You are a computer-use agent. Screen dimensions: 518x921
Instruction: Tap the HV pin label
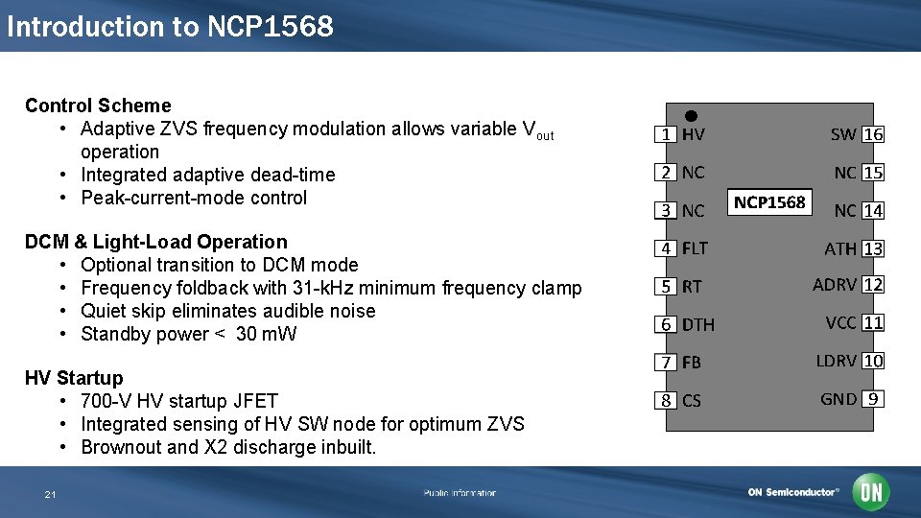pos(693,134)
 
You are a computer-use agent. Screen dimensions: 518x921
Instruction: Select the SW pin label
pos(843,134)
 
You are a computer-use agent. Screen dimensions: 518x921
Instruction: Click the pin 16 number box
pos(873,134)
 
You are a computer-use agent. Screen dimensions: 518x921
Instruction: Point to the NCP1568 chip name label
pos(769,201)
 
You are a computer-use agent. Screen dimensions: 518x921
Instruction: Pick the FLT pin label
pos(695,248)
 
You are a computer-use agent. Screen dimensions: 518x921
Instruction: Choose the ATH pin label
pos(840,248)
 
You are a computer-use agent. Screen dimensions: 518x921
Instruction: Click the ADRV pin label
pos(835,285)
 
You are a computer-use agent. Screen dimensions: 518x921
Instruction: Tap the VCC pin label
pos(840,323)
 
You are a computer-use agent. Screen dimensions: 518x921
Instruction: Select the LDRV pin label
pos(836,361)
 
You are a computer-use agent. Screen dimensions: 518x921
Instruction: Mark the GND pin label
pos(838,399)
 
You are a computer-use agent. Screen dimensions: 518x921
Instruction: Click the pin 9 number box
pos(872,399)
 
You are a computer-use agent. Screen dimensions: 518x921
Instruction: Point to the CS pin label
pos(692,401)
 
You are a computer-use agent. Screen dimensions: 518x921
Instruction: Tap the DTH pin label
pos(698,325)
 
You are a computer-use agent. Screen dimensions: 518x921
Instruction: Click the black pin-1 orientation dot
pos(691,115)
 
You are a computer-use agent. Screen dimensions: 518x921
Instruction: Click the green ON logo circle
pos(871,492)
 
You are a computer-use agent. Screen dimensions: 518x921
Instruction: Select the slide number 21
pos(50,494)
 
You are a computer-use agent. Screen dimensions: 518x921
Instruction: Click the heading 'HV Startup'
pos(74,378)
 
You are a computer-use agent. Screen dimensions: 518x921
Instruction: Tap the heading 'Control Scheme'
pos(98,106)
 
